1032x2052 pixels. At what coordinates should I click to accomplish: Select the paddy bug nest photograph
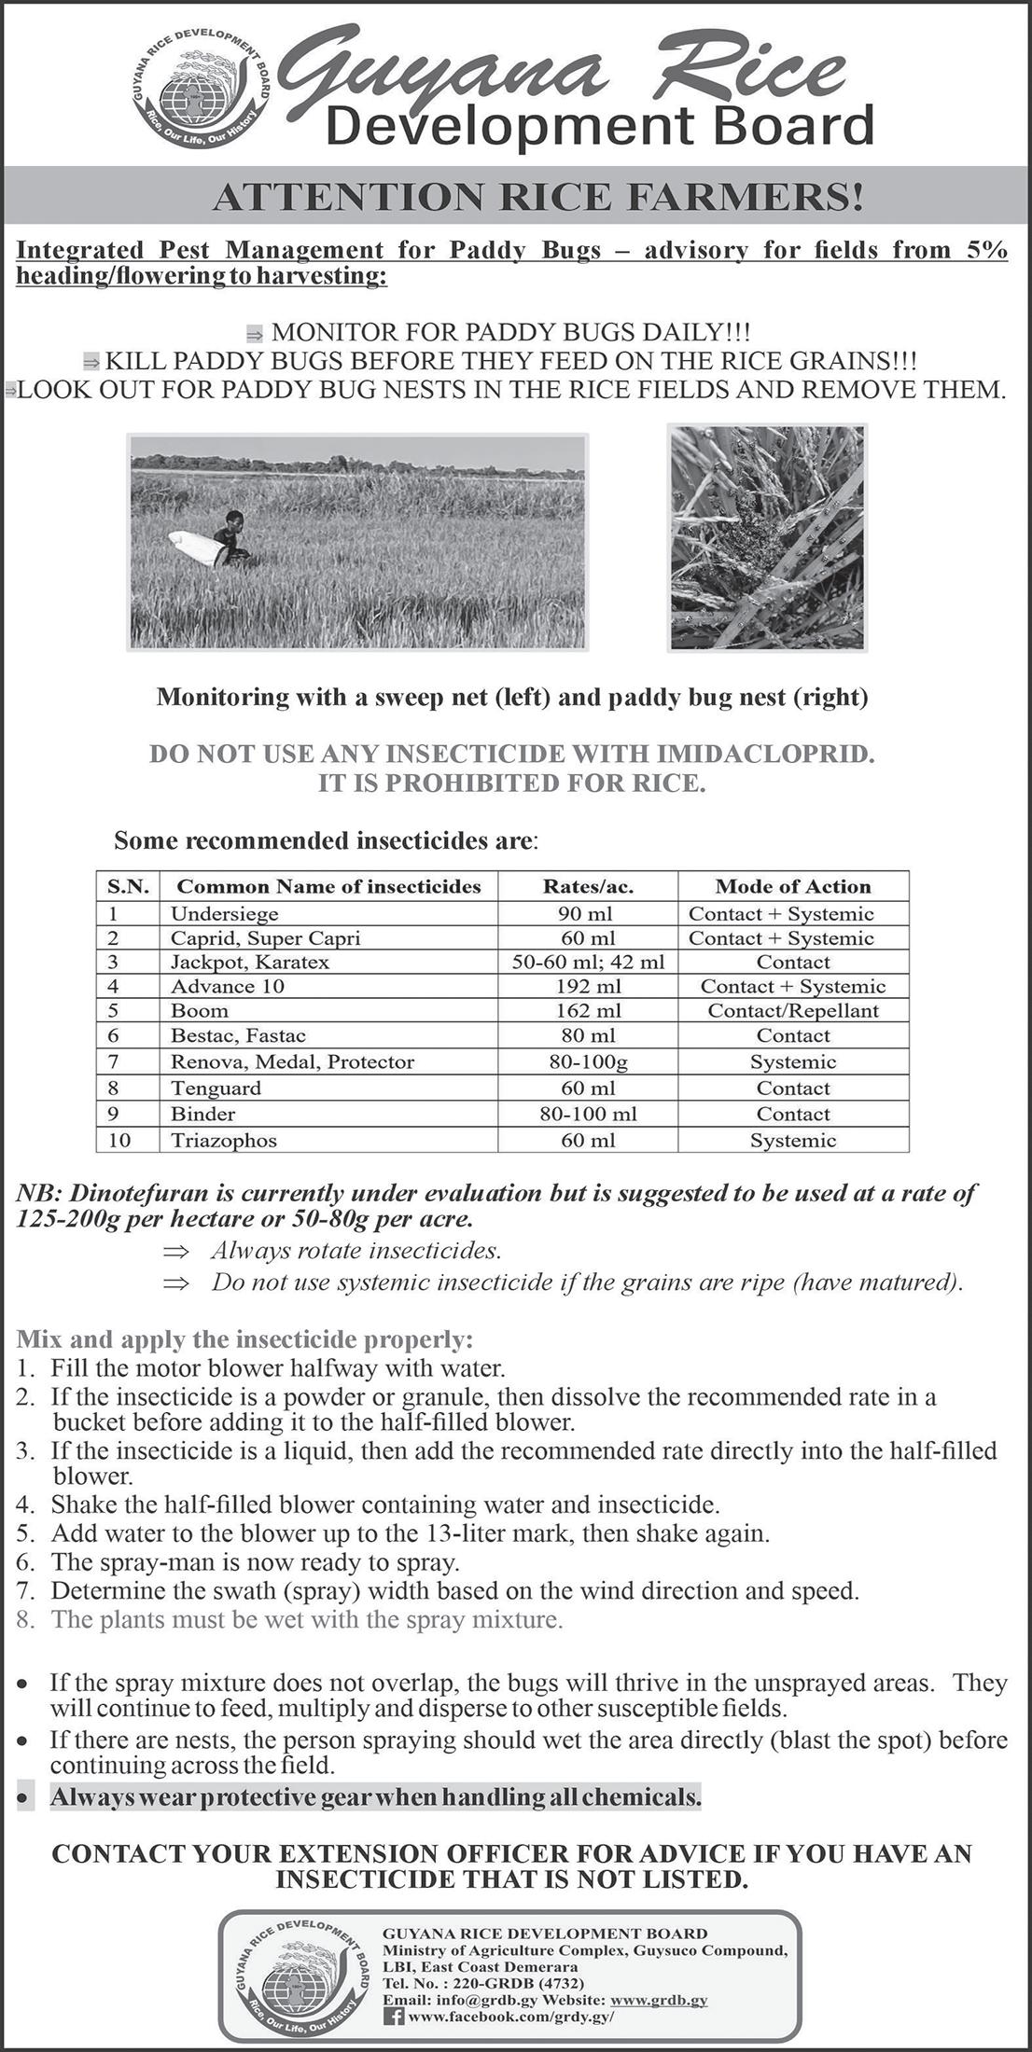point(767,537)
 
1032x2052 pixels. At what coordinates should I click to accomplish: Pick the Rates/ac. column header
point(588,886)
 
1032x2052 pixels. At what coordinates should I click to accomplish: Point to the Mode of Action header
point(792,886)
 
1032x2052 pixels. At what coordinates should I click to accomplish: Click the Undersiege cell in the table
point(225,914)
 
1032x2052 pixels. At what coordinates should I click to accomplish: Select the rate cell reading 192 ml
point(588,987)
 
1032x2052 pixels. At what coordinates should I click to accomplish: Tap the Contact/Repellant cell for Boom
point(792,1011)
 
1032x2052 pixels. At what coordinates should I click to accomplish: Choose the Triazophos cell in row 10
point(224,1140)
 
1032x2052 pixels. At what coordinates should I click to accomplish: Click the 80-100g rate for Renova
point(588,1061)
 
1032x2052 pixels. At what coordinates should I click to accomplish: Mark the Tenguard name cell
point(216,1088)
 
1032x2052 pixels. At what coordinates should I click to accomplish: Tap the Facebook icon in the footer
point(394,2015)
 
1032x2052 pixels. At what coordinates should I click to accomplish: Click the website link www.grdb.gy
point(659,2000)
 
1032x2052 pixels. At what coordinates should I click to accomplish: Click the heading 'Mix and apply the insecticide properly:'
point(244,1340)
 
